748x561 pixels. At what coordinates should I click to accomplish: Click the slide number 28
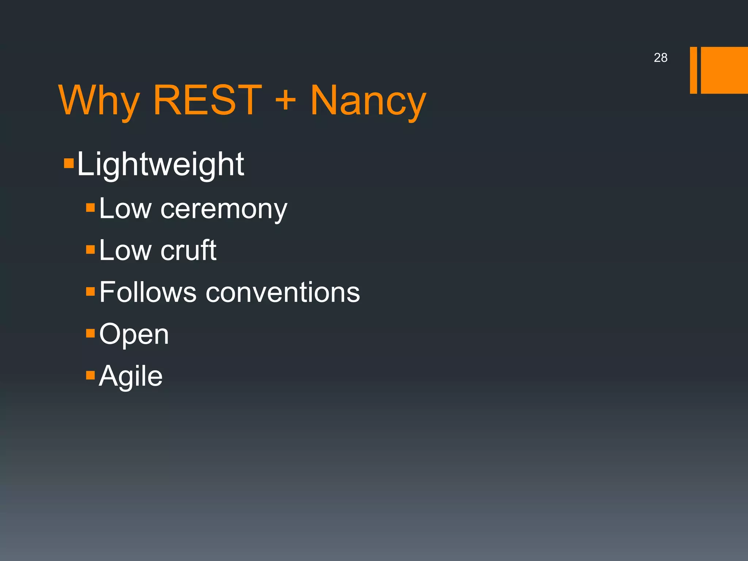660,58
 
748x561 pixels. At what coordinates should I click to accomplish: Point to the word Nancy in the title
368,102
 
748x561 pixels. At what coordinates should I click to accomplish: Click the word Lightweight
160,165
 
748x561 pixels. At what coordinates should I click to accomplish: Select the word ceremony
224,209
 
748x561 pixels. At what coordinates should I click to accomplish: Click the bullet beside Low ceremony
90,208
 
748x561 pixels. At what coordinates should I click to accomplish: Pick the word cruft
188,251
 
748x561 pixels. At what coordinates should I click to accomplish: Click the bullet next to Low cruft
90,249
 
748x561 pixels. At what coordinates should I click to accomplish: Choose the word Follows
148,292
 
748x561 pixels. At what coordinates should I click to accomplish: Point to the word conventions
283,292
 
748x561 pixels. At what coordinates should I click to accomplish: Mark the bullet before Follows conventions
90,291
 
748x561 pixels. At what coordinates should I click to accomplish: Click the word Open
134,335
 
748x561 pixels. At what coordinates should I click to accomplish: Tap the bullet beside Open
90,333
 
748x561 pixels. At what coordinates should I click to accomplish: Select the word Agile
131,376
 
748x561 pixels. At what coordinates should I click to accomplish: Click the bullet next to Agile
90,375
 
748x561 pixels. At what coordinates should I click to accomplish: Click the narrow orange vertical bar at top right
693,70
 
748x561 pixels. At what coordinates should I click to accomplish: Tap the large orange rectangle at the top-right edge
724,70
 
